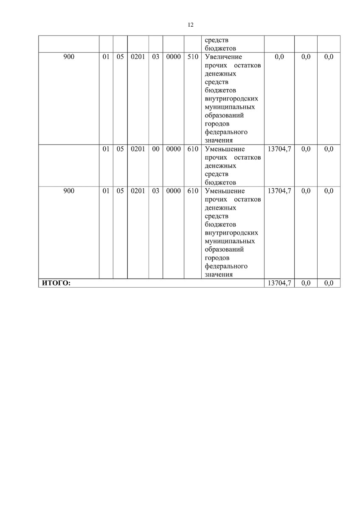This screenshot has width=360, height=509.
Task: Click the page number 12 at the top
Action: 191,25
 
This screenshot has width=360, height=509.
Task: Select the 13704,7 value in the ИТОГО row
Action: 279,283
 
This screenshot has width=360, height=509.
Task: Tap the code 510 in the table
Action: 193,56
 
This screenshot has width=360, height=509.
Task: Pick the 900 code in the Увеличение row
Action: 69,56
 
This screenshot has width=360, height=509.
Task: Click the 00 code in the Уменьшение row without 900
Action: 155,149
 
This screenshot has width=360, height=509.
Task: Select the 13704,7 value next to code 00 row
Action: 279,149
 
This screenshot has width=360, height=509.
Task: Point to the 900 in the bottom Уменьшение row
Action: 69,191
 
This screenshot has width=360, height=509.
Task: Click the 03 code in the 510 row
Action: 155,56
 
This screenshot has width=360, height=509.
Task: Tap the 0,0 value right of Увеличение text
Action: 279,56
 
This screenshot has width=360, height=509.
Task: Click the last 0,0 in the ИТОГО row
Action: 329,283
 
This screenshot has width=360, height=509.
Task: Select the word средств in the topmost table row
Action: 217,40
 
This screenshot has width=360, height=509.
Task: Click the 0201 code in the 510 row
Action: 138,56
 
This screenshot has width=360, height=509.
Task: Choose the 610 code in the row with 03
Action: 193,191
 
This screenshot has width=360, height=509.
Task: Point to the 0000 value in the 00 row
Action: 173,149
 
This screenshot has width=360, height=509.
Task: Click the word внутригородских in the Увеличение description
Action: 231,98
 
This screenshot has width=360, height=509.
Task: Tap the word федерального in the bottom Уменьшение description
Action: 226,266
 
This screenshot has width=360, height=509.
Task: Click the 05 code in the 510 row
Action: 120,56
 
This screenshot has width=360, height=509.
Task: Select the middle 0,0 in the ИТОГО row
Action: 306,283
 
